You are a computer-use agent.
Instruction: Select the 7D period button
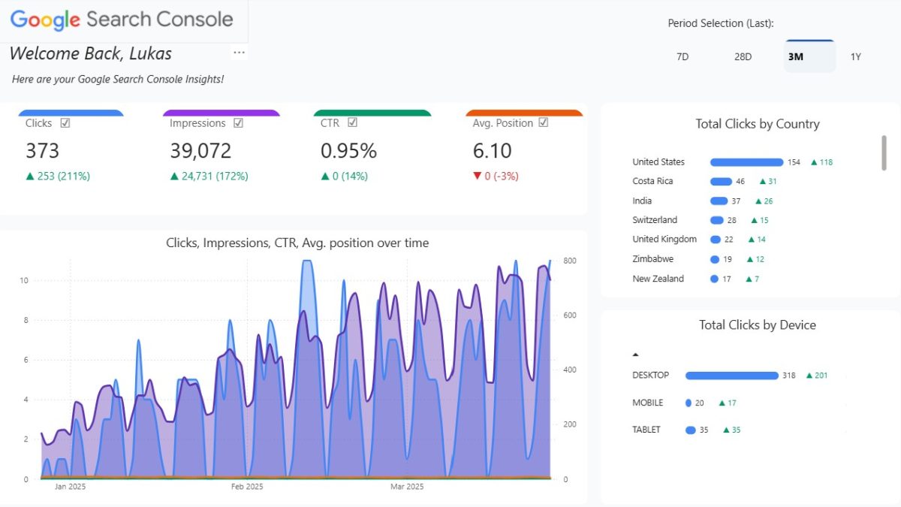tap(683, 56)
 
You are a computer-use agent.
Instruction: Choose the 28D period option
tap(743, 56)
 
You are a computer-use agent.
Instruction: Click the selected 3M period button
tap(796, 56)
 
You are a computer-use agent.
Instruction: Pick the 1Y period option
tap(855, 56)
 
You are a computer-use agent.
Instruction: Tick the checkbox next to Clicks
tap(65, 123)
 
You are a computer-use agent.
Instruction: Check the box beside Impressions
tap(238, 123)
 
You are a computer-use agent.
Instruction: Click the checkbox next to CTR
tap(352, 123)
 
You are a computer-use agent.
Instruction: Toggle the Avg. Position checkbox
tap(544, 123)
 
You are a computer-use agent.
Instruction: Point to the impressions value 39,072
tap(200, 151)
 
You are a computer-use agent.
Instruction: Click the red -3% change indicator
tap(496, 177)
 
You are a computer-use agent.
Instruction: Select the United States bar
tap(746, 162)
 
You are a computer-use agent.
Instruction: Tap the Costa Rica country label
tap(652, 181)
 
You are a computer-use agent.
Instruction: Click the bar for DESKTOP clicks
tap(731, 376)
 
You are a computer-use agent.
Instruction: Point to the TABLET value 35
tap(704, 430)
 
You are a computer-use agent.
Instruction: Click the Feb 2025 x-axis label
tap(246, 487)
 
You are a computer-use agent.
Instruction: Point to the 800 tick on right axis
tap(570, 261)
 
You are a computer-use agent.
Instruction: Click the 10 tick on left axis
tap(24, 280)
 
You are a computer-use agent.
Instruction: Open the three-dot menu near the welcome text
tap(239, 53)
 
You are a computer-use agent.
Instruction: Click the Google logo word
tap(45, 20)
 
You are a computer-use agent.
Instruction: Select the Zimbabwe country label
tap(652, 259)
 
